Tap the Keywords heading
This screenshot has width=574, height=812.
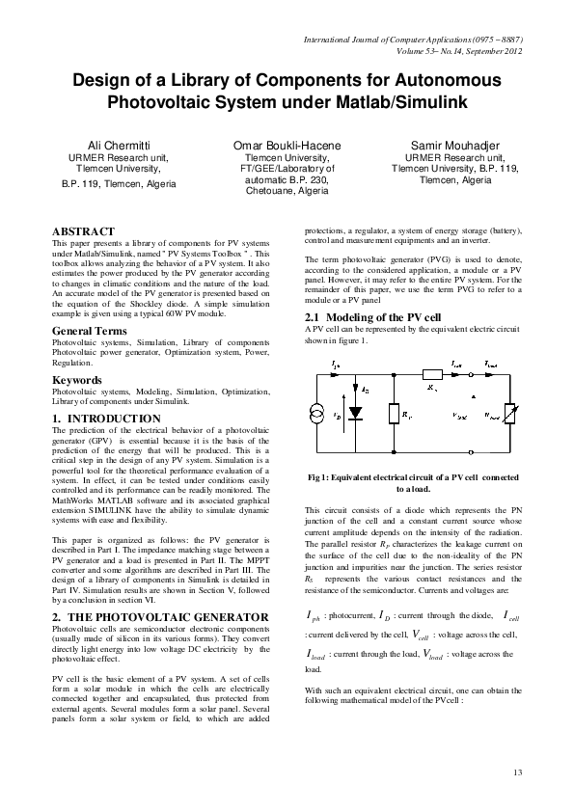pos(77,380)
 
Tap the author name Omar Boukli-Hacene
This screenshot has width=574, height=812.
pos(287,145)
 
